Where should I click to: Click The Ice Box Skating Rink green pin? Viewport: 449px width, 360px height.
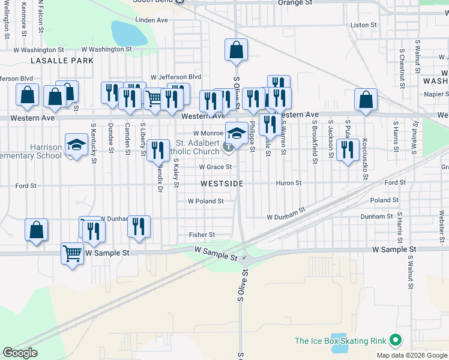394,340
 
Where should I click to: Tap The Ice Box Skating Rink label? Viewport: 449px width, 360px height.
340,341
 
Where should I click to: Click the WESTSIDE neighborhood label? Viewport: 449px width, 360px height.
221,184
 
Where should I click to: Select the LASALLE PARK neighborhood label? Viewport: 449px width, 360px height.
63,61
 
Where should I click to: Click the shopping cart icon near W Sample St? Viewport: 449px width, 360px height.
72,253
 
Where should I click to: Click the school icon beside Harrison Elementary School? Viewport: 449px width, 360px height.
76,144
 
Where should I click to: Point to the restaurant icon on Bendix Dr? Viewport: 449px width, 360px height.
157,150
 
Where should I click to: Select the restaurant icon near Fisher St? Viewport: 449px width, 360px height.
139,226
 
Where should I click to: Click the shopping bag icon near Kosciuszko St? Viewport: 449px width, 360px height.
366,99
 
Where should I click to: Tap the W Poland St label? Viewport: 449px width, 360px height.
206,202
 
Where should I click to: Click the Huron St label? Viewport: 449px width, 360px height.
289,183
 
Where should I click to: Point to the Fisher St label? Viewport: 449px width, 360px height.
202,235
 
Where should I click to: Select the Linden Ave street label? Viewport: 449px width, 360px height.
152,20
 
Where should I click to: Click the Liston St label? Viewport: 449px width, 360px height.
363,25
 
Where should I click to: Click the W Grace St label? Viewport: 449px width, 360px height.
215,167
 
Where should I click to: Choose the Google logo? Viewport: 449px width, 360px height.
20,353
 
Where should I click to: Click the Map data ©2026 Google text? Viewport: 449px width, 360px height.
411,355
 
